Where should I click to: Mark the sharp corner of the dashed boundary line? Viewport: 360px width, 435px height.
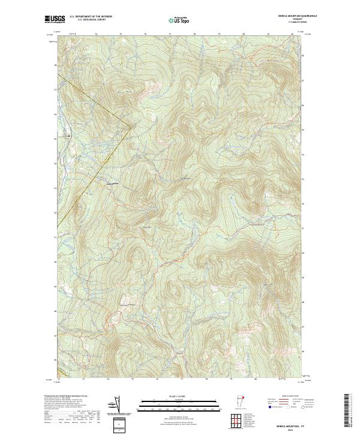[131, 126]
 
